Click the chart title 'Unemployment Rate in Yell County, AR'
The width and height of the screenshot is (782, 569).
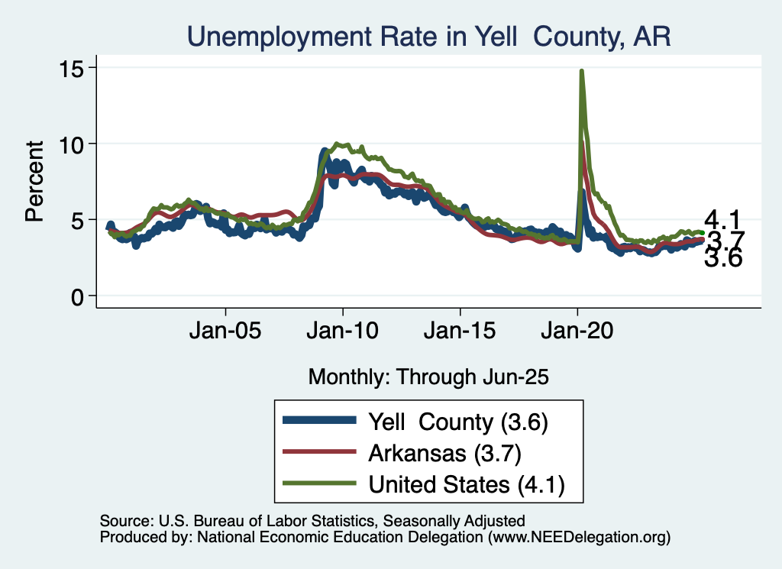pos(428,37)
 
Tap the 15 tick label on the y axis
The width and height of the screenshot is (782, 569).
pos(73,67)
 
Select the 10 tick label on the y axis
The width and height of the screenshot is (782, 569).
pos(73,144)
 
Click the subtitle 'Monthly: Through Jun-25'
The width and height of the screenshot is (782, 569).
pos(428,377)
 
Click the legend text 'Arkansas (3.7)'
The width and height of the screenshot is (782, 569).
pos(444,453)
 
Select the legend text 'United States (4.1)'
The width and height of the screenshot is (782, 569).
pos(466,485)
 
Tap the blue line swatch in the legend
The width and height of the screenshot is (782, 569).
pos(318,420)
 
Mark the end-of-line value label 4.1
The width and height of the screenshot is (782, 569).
pos(722,220)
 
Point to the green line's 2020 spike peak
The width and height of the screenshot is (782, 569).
pos(582,71)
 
